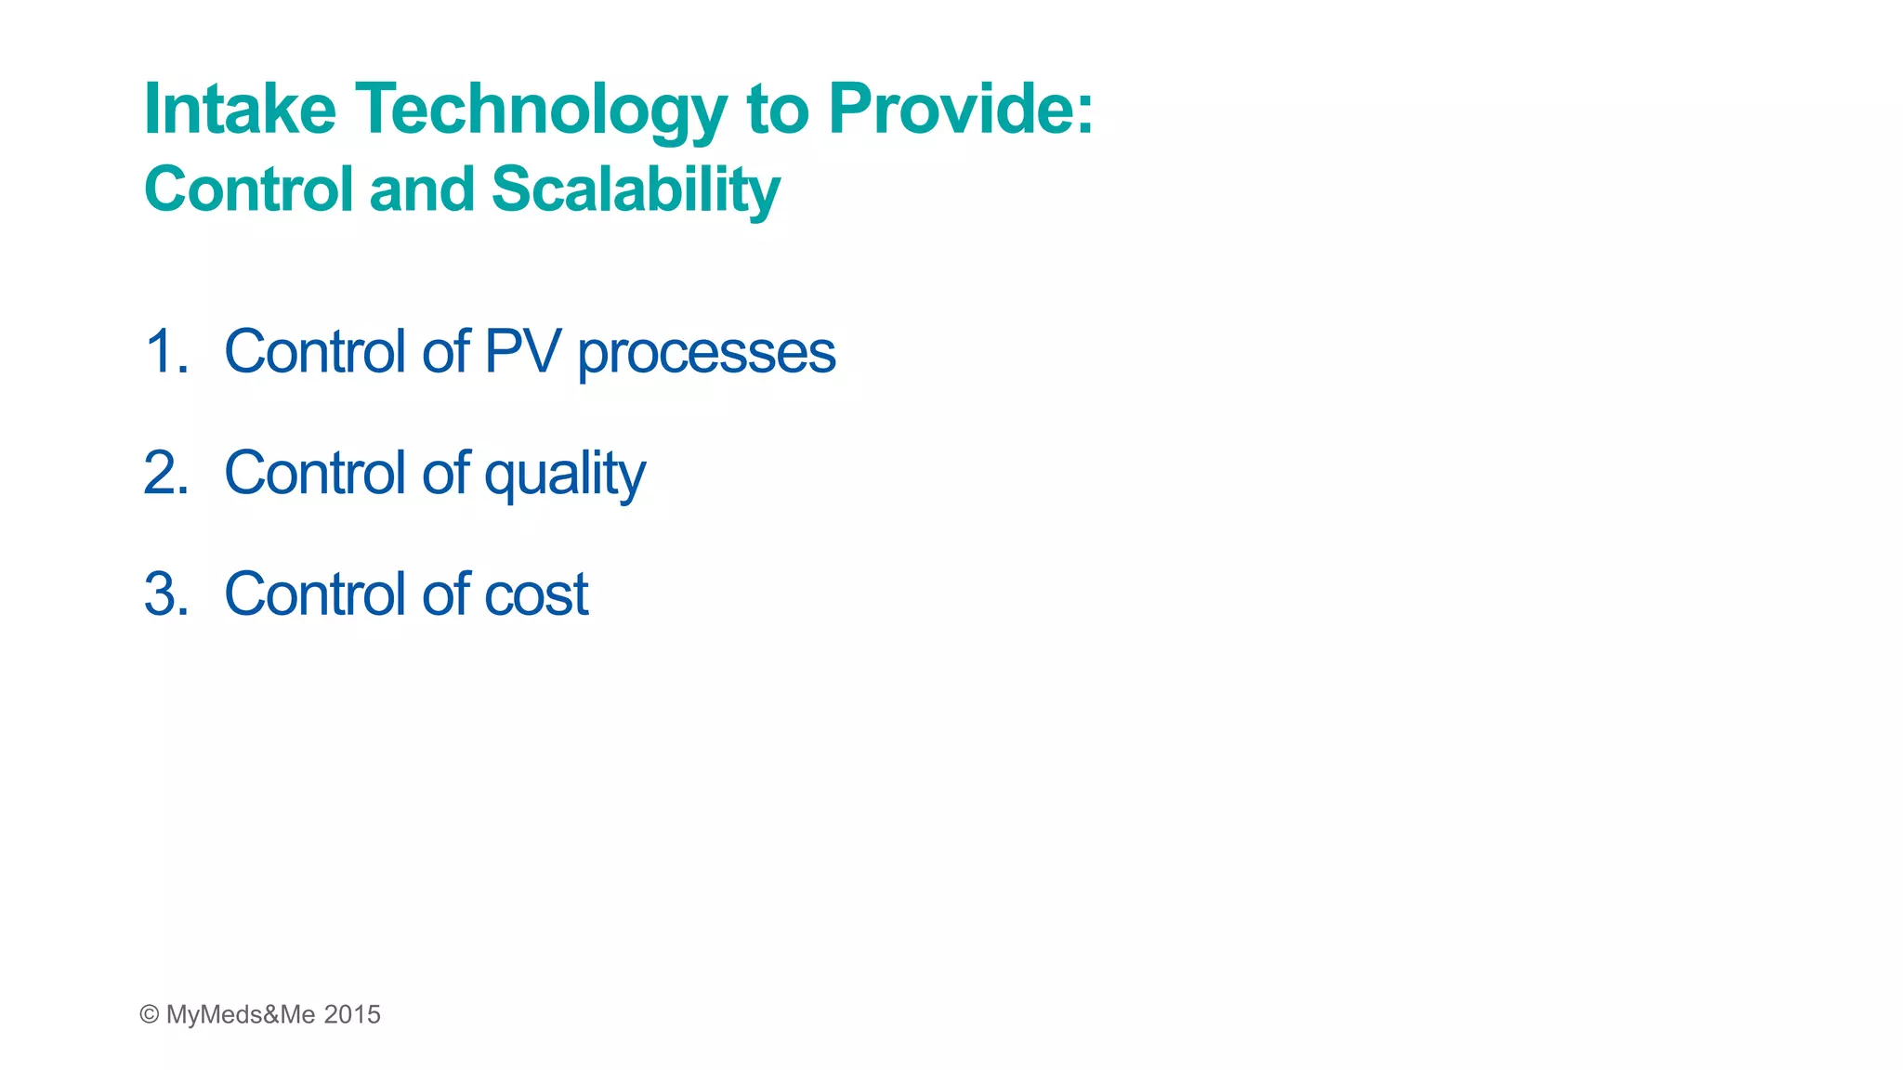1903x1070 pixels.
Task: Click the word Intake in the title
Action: [x=240, y=110]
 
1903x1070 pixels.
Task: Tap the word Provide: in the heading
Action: [x=961, y=110]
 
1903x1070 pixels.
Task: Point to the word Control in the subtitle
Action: [x=249, y=190]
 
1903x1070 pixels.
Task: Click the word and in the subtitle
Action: [x=422, y=190]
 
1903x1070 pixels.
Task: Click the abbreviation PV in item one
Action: [x=522, y=352]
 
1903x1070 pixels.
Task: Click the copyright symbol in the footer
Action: [x=149, y=1014]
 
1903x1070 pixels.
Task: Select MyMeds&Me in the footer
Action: [x=241, y=1014]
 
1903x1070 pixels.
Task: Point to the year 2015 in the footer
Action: [x=352, y=1014]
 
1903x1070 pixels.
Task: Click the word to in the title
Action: [x=778, y=110]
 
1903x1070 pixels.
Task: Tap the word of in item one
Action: [x=446, y=352]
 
